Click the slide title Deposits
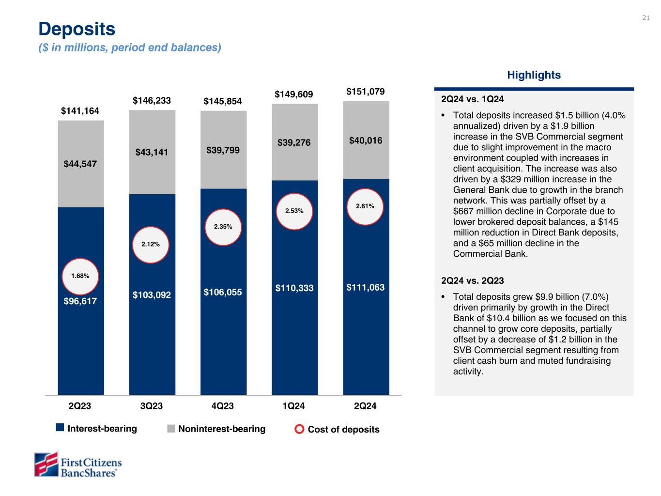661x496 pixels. click(x=77, y=29)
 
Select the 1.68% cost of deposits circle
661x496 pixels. click(x=80, y=276)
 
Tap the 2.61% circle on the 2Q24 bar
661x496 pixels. click(x=365, y=206)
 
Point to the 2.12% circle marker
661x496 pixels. click(x=151, y=245)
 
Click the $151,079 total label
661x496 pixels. click(x=366, y=92)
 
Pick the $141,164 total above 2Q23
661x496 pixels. click(x=80, y=111)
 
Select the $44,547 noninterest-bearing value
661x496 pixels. click(x=80, y=164)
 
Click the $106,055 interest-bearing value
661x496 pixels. click(x=223, y=292)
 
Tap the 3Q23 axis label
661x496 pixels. click(x=152, y=406)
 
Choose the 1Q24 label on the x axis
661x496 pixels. click(x=294, y=406)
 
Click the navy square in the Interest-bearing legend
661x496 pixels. click(x=60, y=428)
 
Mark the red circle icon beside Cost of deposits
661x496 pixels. click(x=300, y=429)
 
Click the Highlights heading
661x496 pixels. click(x=534, y=75)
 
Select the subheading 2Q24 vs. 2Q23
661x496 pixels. click(x=473, y=280)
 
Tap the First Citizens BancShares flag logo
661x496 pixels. click(x=46, y=465)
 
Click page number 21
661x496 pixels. click(x=646, y=18)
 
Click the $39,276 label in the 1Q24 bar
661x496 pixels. click(x=294, y=143)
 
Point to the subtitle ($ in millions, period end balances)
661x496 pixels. click(x=130, y=47)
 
